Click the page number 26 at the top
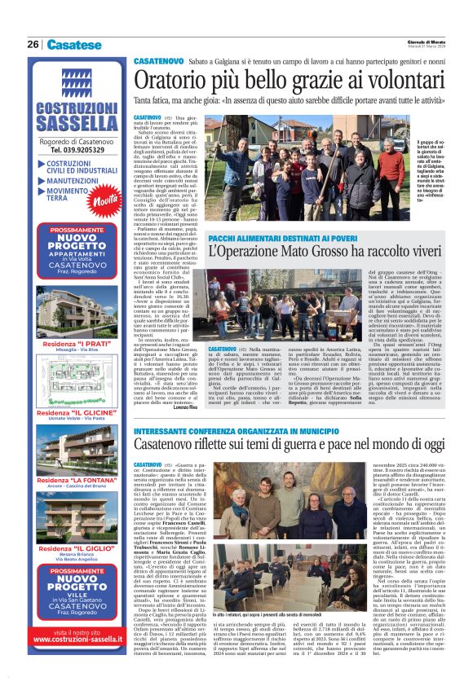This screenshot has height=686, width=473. (x=33, y=45)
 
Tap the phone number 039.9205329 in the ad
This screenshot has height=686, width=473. (x=74, y=150)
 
